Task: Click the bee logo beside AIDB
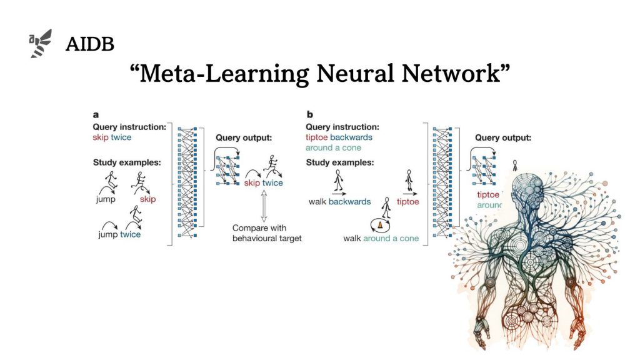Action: tap(41, 44)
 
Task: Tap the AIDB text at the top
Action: tap(89, 44)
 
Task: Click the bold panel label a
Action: tap(96, 115)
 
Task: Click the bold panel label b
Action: tap(309, 115)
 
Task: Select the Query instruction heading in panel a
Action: tap(129, 127)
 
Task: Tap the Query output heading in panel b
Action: tap(503, 137)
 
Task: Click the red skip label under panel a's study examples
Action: tap(147, 199)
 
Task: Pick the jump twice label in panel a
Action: tap(119, 234)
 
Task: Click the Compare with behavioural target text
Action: tap(267, 233)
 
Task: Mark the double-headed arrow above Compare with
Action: tap(264, 206)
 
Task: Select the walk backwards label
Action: tap(339, 202)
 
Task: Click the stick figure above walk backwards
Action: tap(339, 181)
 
